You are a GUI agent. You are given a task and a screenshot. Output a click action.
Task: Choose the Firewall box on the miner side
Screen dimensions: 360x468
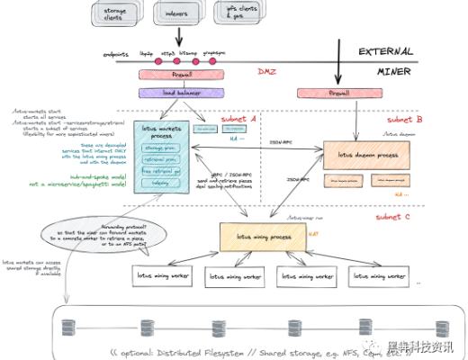[x=337, y=92]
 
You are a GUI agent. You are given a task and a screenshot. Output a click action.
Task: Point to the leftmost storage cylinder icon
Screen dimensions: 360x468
[x=67, y=327]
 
